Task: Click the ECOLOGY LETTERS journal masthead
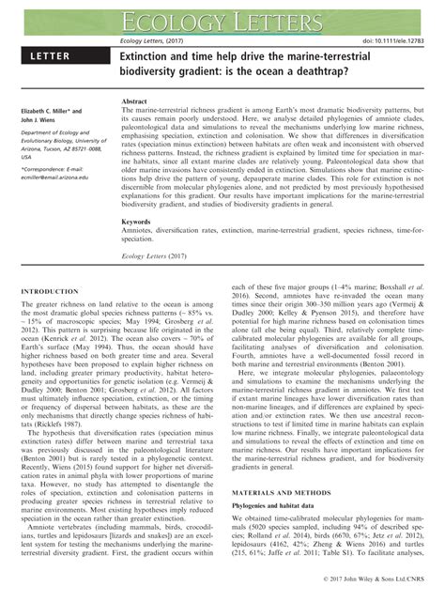(222, 17)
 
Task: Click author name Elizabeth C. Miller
(50, 110)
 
